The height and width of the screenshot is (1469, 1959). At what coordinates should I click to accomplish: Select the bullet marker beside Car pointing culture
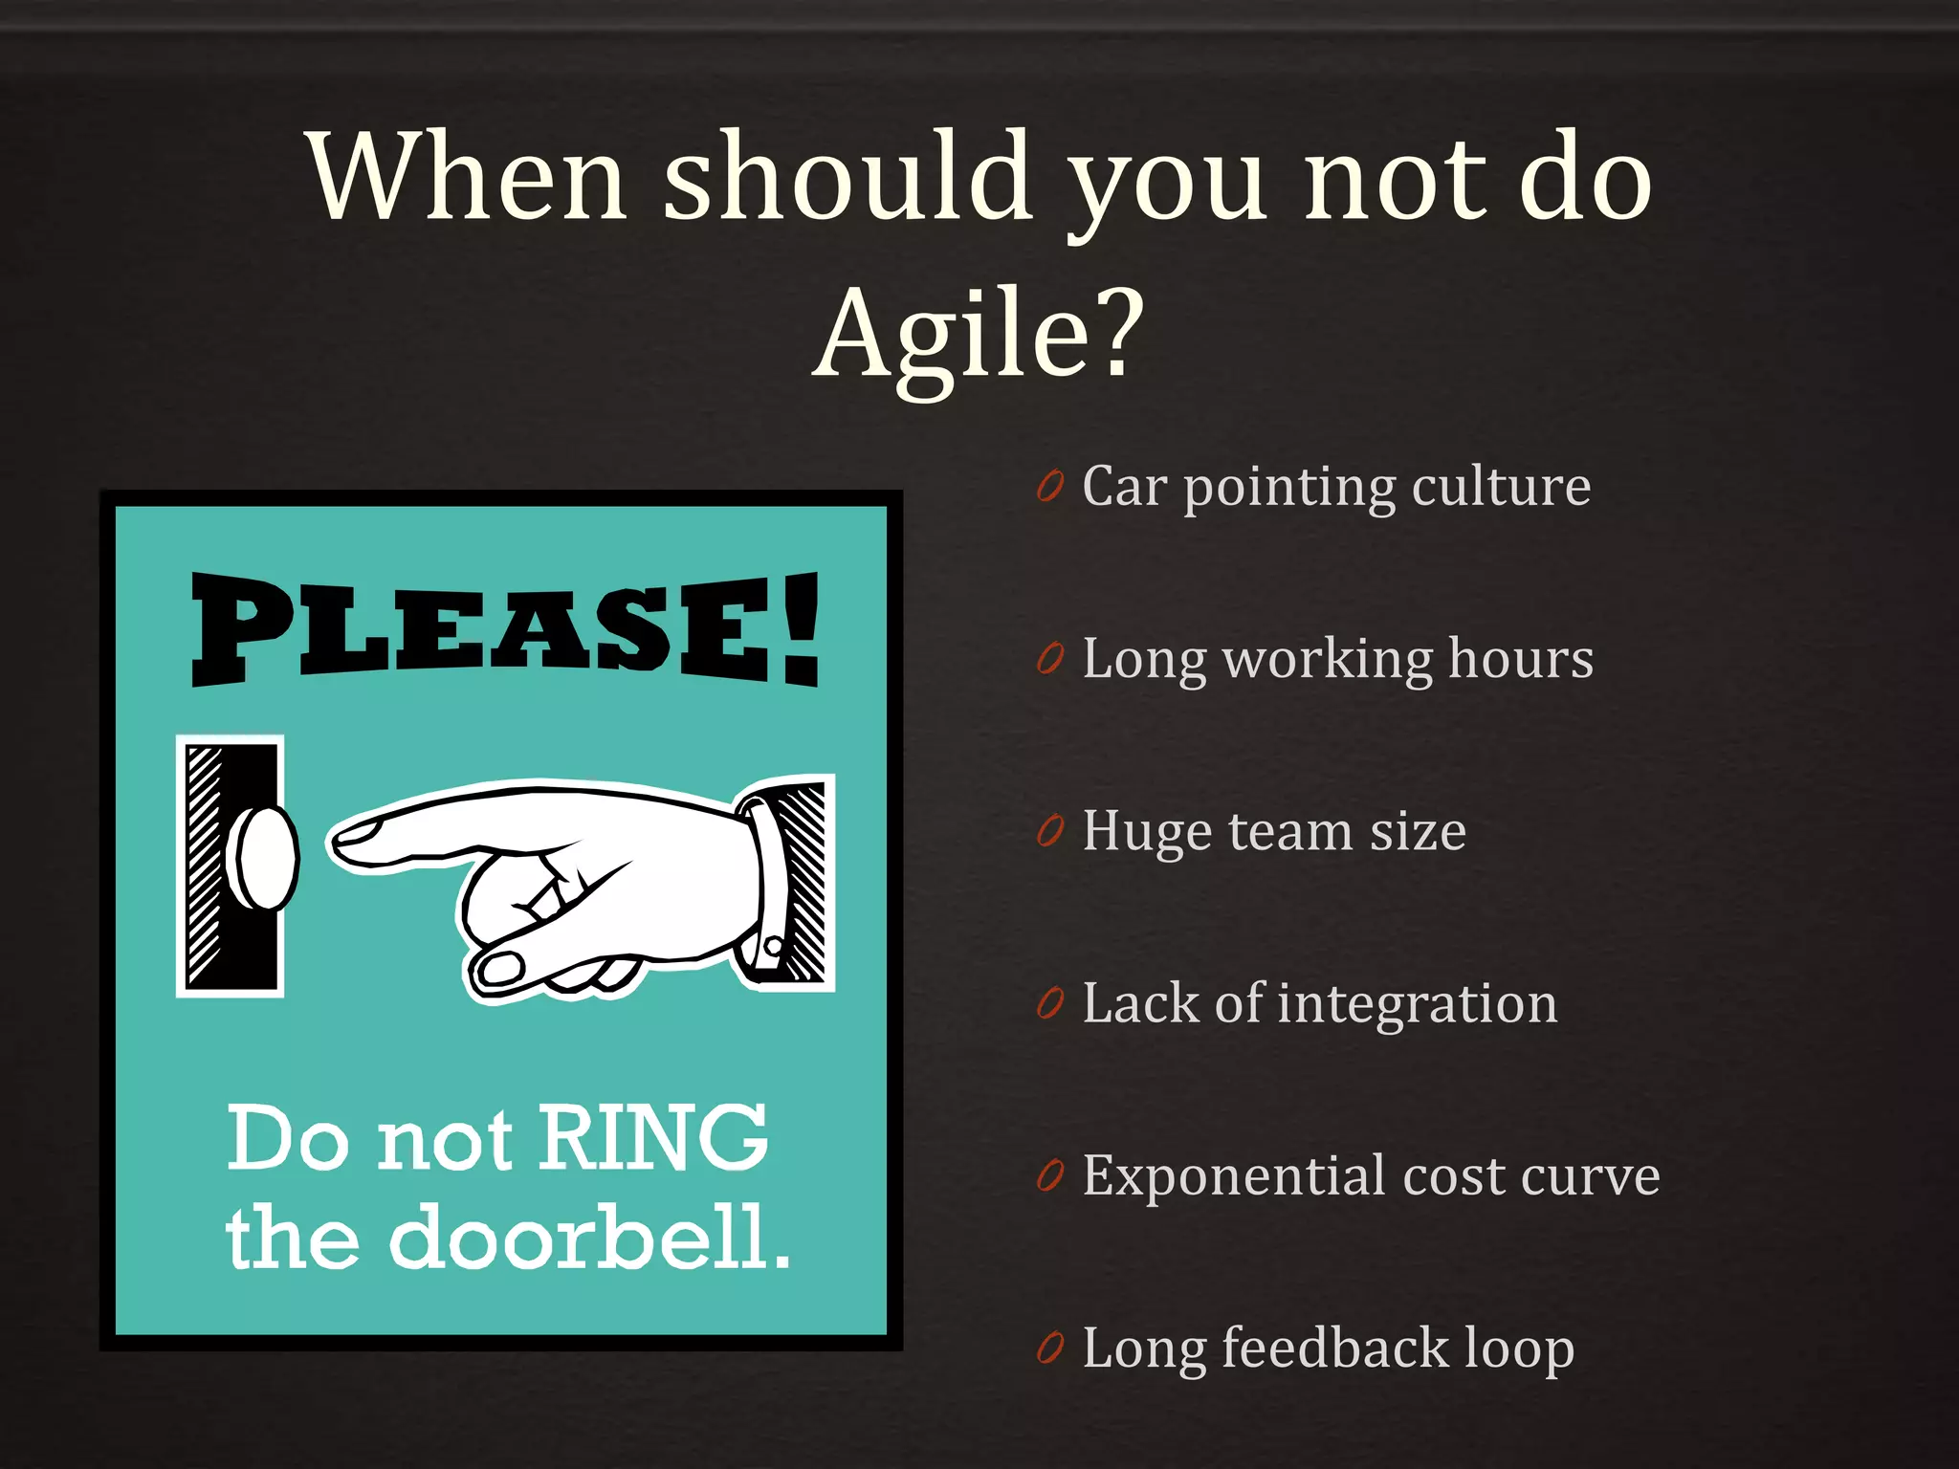1050,487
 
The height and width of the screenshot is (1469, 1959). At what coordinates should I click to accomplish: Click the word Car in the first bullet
1125,487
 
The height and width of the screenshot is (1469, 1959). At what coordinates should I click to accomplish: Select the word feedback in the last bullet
1335,1348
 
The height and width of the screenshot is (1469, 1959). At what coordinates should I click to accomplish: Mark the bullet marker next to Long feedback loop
1050,1348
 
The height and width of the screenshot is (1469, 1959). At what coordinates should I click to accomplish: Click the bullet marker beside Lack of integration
1050,1004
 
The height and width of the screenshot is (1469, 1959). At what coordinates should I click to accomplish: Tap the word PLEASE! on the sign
505,629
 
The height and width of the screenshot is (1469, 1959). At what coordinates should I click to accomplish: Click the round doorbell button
266,858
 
